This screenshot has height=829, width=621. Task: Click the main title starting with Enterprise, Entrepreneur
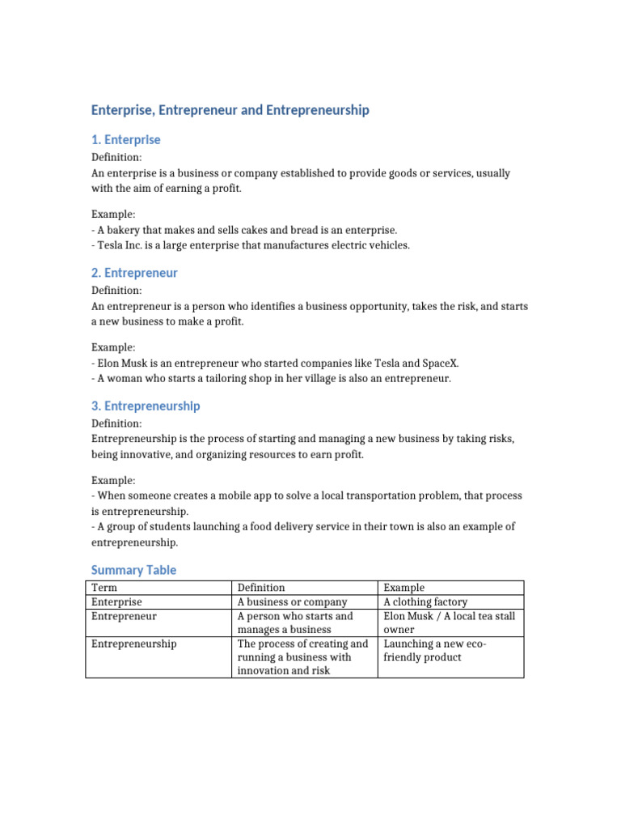tap(230, 109)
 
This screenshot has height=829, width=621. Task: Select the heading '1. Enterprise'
tap(126, 140)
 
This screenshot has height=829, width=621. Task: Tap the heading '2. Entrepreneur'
tap(134, 273)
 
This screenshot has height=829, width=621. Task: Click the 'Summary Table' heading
tap(133, 570)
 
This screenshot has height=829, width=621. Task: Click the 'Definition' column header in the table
tap(261, 588)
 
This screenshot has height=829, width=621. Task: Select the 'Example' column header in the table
tap(403, 588)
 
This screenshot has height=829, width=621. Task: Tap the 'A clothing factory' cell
tap(425, 602)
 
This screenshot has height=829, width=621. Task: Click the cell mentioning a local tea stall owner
tap(449, 623)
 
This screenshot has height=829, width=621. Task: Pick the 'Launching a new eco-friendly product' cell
tap(433, 650)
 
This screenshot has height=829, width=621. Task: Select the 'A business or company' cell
tap(292, 602)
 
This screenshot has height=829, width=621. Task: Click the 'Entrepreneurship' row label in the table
tap(134, 644)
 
